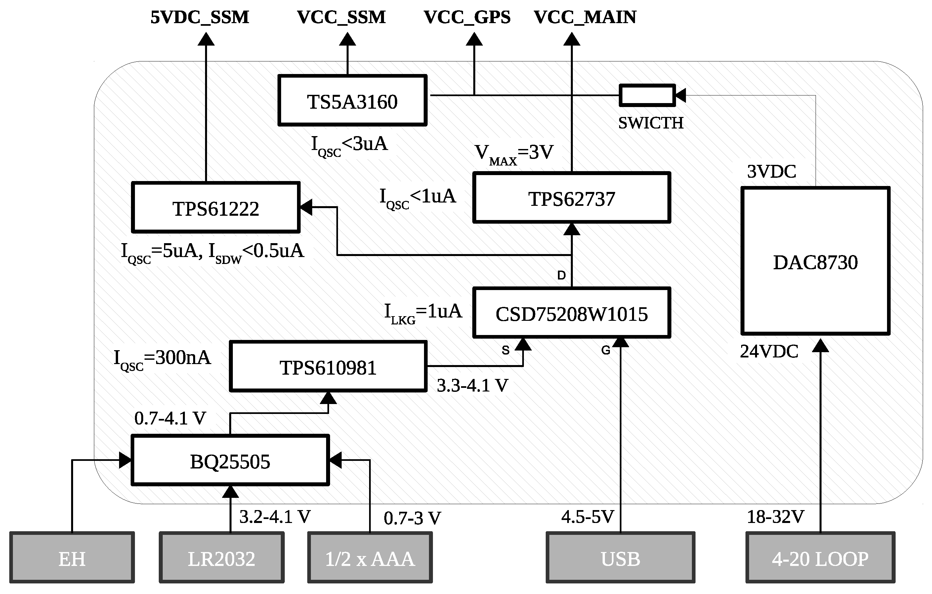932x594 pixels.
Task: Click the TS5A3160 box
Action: point(352,100)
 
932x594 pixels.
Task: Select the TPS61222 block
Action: point(216,208)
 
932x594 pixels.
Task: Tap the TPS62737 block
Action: point(571,198)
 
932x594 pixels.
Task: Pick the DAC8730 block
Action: point(815,261)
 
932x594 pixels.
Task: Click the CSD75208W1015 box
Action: point(571,313)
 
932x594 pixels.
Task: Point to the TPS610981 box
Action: point(328,367)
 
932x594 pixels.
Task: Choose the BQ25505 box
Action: point(230,461)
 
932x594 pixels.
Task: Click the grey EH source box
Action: point(72,558)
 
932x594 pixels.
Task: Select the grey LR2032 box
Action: point(221,558)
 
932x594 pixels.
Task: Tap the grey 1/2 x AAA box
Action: point(370,558)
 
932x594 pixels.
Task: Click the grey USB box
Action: point(620,558)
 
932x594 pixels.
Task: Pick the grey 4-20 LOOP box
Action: point(820,558)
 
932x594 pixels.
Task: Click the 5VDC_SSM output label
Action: point(200,18)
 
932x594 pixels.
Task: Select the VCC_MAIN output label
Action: point(585,18)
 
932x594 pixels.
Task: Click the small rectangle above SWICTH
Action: point(647,95)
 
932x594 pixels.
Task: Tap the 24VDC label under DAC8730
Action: point(769,352)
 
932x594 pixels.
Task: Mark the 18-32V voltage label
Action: point(775,517)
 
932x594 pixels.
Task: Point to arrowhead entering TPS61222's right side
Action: point(306,207)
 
